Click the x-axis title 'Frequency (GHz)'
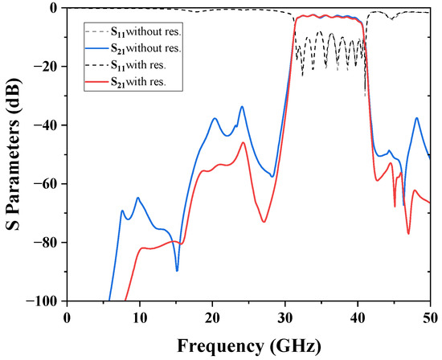tap(248, 347)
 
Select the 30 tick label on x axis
tap(285, 316)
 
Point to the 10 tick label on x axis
tap(140, 316)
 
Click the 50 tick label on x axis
tap(430, 316)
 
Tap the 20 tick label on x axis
tap(213, 316)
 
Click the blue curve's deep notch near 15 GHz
tap(178, 270)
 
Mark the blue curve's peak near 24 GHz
tap(242, 106)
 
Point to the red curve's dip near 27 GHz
tap(264, 222)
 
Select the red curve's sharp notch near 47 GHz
tap(408, 234)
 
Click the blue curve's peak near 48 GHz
tap(416, 118)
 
